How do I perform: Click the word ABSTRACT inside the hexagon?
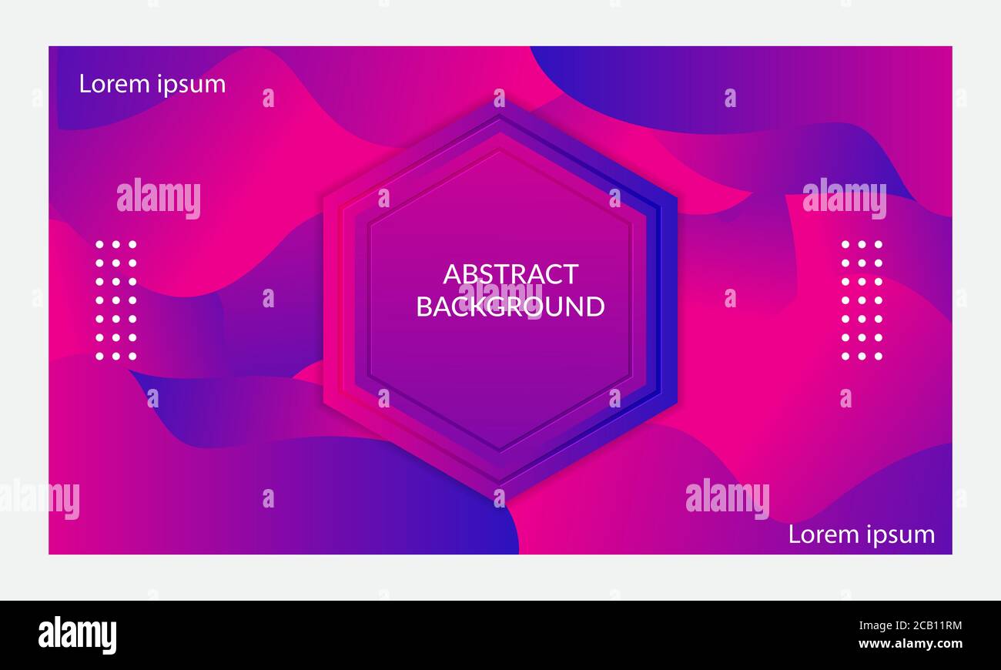(511, 274)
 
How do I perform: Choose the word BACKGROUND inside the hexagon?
(511, 307)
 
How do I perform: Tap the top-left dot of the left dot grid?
(99, 244)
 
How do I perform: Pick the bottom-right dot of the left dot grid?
(132, 357)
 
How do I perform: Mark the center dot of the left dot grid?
(116, 300)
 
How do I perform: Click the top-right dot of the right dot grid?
(879, 244)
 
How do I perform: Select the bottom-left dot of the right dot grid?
(845, 357)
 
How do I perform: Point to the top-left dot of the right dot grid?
(845, 244)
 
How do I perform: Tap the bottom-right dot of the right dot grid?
(879, 357)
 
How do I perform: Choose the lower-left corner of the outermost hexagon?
(323, 402)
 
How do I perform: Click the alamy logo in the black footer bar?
(77, 635)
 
